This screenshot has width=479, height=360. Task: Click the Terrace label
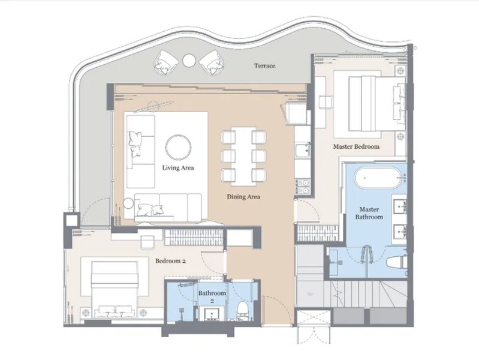tap(264, 66)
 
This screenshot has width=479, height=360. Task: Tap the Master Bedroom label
tap(356, 146)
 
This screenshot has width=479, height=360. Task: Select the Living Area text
tap(178, 167)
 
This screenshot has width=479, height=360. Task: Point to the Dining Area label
tap(243, 197)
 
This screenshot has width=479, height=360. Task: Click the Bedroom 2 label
tap(170, 261)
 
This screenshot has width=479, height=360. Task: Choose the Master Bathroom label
tap(369, 213)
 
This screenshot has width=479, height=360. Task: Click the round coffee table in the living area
tap(179, 147)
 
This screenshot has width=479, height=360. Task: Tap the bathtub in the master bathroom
tap(378, 177)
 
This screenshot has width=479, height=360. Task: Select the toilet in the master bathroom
tap(396, 262)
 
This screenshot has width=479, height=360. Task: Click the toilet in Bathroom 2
tap(243, 311)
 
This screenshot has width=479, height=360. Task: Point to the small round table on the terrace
tap(189, 60)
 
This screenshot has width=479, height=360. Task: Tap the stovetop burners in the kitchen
tap(302, 187)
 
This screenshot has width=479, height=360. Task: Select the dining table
tap(243, 156)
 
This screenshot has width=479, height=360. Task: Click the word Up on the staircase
tap(310, 294)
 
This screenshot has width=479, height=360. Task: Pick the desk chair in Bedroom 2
tap(147, 242)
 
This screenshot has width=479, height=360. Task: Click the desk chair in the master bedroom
tap(326, 102)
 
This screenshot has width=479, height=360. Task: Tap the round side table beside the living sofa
tap(129, 203)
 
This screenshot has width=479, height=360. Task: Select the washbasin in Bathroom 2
tap(212, 314)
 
